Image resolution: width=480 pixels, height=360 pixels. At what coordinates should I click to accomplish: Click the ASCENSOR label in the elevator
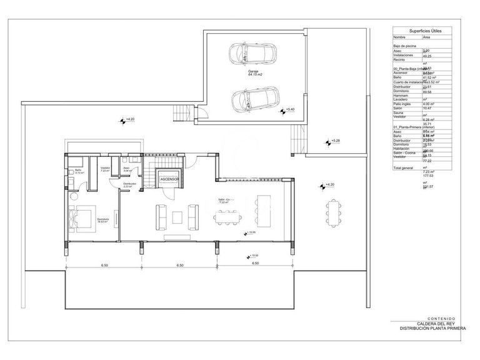pos(169,179)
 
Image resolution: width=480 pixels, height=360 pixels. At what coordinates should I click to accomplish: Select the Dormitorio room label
pos(103,219)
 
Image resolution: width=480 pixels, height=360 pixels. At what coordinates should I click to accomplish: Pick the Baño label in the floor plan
pos(78,171)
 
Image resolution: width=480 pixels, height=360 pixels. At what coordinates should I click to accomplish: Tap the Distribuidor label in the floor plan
pos(129,184)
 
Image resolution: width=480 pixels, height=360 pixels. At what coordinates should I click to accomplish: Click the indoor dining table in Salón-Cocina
pos(227,217)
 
